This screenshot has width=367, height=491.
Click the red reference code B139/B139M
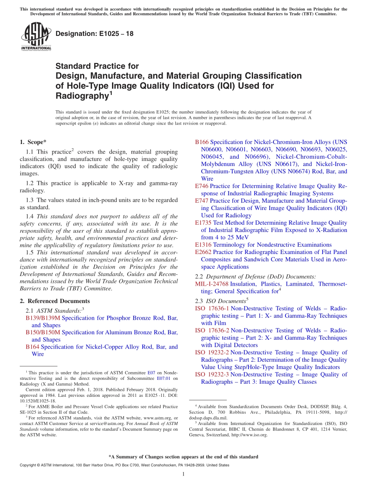point(43,318)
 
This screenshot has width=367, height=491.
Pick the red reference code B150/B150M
point(43,332)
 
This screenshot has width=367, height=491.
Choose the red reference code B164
point(32,347)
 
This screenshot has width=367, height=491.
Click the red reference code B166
point(202,142)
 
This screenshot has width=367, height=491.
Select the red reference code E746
point(202,186)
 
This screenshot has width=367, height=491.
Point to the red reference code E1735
point(203,223)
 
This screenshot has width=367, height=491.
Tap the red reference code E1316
point(203,245)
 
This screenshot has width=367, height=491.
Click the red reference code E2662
point(203,252)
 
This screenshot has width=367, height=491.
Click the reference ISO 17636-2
point(212,330)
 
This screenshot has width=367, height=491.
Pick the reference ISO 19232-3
point(212,374)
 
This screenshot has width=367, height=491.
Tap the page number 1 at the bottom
point(183,474)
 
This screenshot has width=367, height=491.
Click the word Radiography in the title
point(81,96)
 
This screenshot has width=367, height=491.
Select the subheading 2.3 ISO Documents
point(221,301)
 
